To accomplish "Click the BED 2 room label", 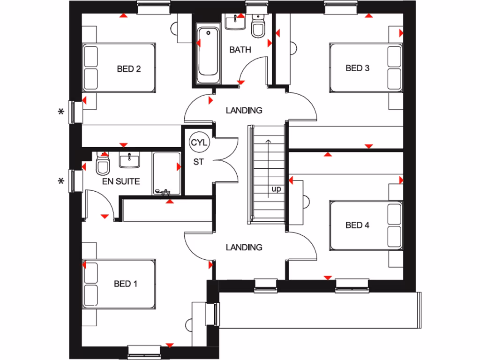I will pyautogui.click(x=129, y=69).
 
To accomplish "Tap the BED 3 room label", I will pyautogui.click(x=358, y=68).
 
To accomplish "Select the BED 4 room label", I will pyautogui.click(x=358, y=225).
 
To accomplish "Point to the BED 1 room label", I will pyautogui.click(x=126, y=284).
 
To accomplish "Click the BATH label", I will pyautogui.click(x=240, y=50).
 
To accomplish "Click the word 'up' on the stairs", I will pyautogui.click(x=276, y=190).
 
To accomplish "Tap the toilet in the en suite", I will pyautogui.click(x=102, y=164).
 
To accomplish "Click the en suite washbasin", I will pyautogui.click(x=128, y=160).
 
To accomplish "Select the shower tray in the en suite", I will pyautogui.click(x=166, y=173).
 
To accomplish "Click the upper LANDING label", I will pyautogui.click(x=244, y=111).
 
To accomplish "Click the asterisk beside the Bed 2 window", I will pyautogui.click(x=60, y=112).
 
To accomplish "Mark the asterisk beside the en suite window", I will pyautogui.click(x=60, y=181).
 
